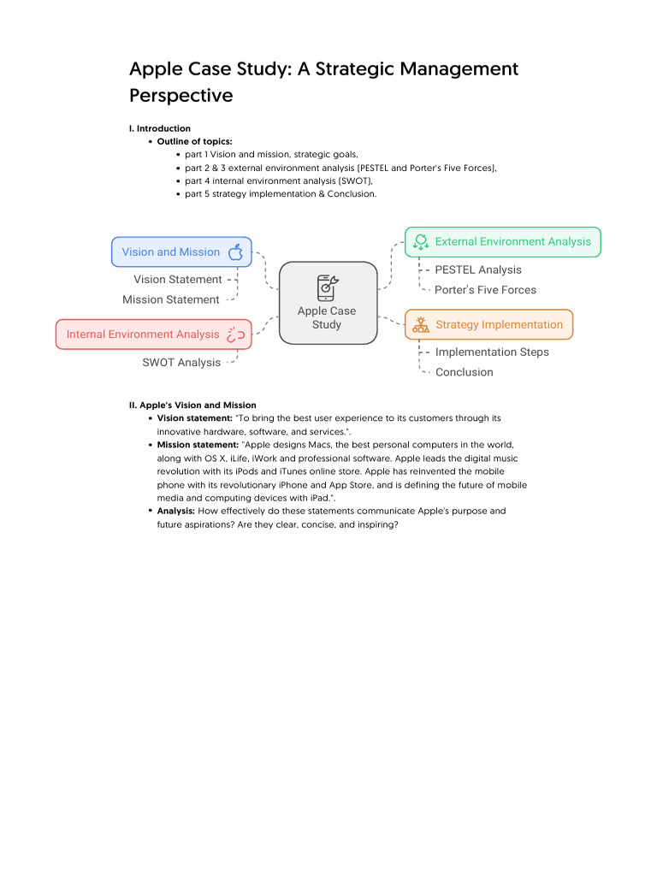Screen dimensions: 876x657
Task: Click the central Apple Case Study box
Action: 328,303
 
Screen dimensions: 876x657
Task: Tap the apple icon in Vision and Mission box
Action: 236,252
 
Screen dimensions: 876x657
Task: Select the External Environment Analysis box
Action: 503,242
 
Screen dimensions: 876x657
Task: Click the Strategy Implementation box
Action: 488,324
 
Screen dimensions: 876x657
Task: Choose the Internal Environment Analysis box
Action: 154,334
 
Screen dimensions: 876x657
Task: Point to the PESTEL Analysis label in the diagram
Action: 477,269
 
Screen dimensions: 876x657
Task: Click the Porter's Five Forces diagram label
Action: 485,290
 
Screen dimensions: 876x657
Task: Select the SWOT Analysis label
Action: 181,363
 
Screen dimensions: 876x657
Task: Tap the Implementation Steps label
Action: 492,352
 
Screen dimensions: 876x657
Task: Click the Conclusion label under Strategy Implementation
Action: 464,372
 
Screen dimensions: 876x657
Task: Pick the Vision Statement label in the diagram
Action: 177,280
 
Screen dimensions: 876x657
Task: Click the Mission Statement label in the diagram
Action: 171,299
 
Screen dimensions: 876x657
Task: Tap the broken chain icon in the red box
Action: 236,334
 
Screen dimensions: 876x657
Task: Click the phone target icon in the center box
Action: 328,287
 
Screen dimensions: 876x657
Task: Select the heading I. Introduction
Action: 160,128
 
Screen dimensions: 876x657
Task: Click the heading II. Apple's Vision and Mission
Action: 192,405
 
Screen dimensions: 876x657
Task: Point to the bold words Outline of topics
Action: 194,141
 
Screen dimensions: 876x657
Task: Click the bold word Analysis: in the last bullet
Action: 175,511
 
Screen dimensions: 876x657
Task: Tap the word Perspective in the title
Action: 181,95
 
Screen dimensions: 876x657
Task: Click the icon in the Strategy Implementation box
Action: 421,324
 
